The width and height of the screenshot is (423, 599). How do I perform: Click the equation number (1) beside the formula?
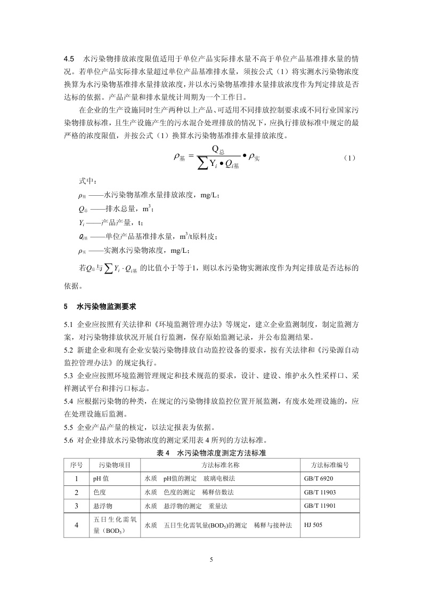(x=349, y=158)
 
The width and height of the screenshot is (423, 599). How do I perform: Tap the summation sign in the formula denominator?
(x=201, y=165)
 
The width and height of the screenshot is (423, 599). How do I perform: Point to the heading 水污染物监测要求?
(x=107, y=307)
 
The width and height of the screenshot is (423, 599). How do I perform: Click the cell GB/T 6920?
(x=318, y=478)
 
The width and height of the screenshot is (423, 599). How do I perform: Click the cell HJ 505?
(x=313, y=525)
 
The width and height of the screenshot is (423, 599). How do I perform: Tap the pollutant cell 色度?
(x=100, y=492)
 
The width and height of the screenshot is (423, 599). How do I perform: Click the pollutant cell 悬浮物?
(x=103, y=505)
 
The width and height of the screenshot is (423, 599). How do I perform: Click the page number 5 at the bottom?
(x=211, y=559)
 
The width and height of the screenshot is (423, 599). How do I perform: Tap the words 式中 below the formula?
(x=85, y=182)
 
